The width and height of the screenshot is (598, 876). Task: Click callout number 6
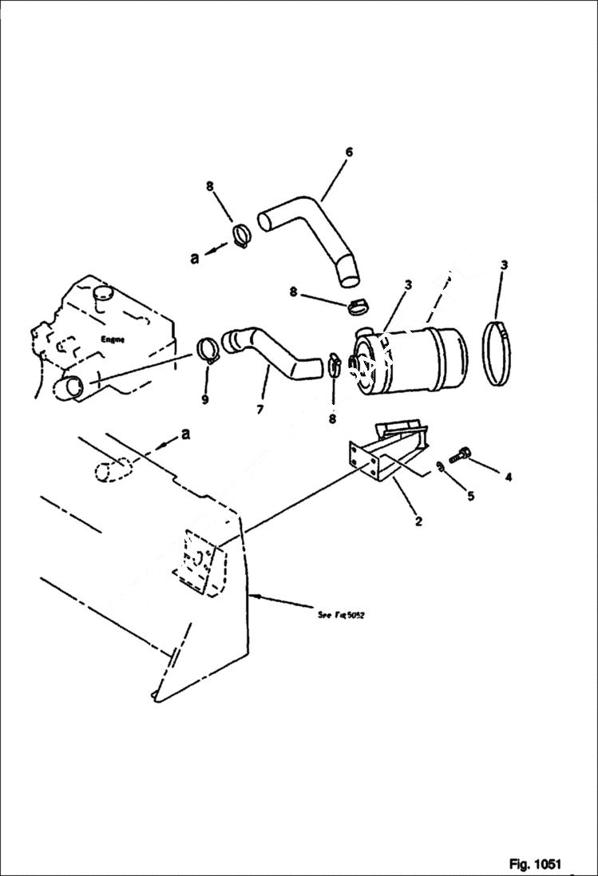[349, 152]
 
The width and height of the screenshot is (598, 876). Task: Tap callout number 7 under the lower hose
[259, 410]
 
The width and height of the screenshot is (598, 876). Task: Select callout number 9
[205, 399]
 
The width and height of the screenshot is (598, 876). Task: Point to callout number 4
[508, 478]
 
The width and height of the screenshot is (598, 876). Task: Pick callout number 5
[470, 496]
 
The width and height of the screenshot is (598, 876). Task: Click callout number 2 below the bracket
[418, 522]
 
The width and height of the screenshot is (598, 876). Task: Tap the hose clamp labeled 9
[208, 350]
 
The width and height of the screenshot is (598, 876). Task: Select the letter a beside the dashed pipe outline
[186, 434]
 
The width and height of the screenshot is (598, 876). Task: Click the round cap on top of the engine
[103, 295]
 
